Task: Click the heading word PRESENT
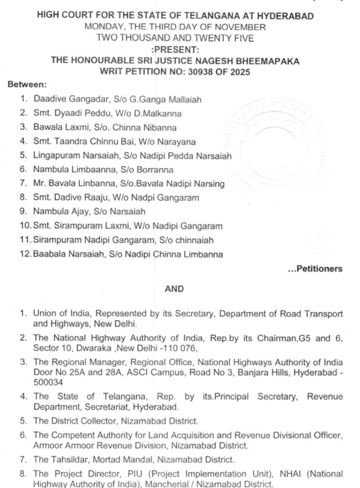[176, 49]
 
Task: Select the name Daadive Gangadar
[65, 100]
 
